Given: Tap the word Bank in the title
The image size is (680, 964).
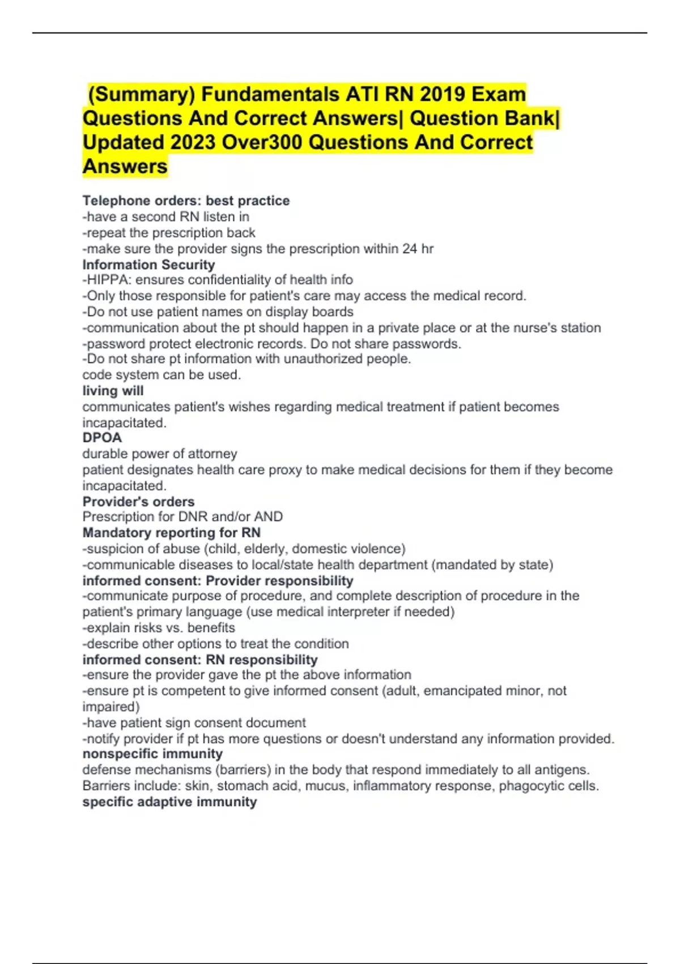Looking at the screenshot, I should coord(528,119).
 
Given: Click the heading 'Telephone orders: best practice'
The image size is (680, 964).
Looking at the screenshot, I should coord(186,201).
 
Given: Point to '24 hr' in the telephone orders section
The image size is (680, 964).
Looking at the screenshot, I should coord(418,249).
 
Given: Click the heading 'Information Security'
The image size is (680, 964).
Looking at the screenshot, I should coord(148,265).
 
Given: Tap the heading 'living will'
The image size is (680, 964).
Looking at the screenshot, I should coord(113,391).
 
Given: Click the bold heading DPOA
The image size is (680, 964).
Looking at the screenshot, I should coord(102,438).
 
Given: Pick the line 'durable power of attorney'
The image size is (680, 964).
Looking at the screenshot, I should coord(160,454).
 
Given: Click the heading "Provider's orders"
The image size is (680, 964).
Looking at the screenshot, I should coord(138,502).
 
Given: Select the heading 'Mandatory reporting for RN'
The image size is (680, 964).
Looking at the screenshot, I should coord(171,533).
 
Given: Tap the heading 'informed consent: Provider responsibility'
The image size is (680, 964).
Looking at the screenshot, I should coord(218,581).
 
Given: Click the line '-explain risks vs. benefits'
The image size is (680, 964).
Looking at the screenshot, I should coord(159,628).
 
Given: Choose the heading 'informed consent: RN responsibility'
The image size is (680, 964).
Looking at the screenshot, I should coord(199,660).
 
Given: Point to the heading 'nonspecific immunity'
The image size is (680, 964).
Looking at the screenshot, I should coord(152,754).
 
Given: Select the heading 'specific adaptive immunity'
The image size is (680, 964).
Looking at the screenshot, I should coord(169,802).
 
